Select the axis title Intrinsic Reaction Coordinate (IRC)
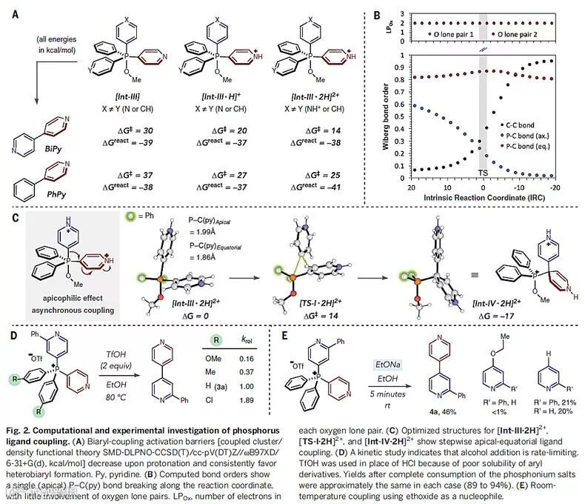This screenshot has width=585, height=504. click(x=482, y=199)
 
